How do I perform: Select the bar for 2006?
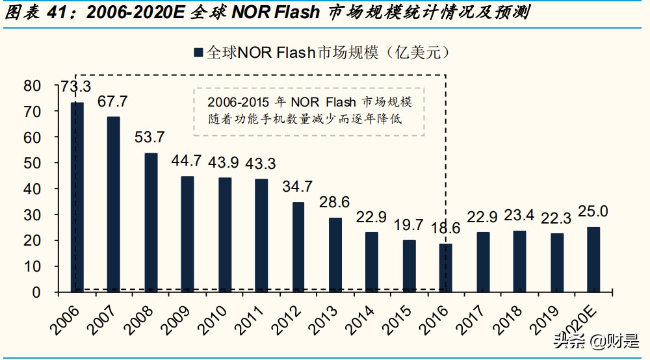(77, 197)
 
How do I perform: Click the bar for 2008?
(151, 222)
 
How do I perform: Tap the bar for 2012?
(298, 247)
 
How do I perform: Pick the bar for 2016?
(445, 268)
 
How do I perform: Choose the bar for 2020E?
(593, 259)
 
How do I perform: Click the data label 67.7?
(112, 102)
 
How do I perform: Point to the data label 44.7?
(187, 161)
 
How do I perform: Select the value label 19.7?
(408, 225)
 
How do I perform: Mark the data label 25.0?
(593, 211)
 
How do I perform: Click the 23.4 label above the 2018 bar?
(520, 216)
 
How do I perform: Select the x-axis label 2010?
(213, 315)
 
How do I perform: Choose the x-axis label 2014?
(361, 315)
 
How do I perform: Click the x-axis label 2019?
(545, 315)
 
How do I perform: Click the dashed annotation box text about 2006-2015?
(309, 112)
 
